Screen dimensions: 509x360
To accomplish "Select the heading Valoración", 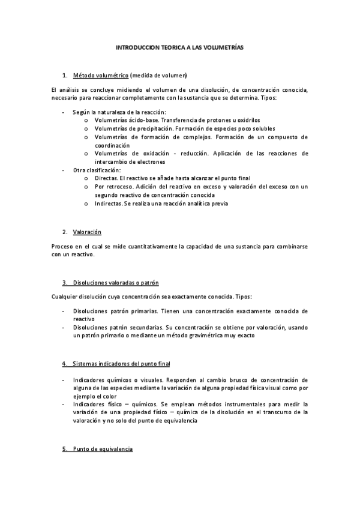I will pos(87,232).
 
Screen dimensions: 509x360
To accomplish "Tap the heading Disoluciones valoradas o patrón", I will pos(115,282).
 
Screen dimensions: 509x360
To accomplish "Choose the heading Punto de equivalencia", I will pos(103,449).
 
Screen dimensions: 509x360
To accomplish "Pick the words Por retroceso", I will pos(112,187).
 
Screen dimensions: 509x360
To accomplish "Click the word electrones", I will pos(149,161).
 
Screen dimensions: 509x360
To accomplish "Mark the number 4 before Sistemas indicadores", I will pos(64,364).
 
